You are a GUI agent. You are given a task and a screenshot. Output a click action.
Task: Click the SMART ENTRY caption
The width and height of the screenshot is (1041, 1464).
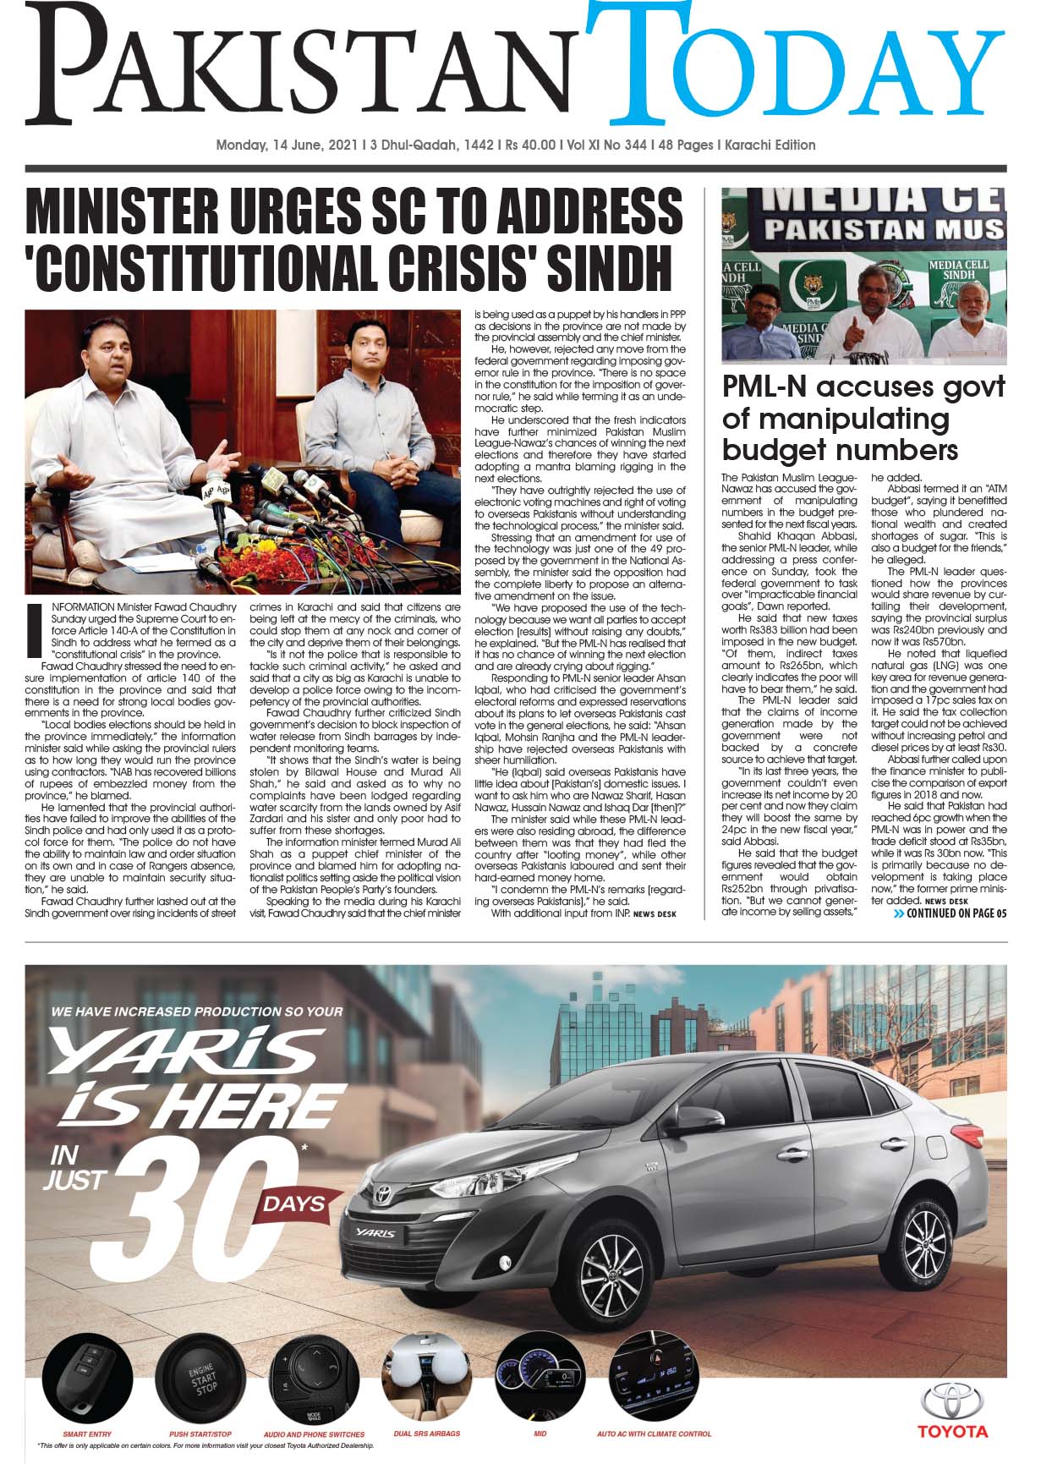tap(87, 1434)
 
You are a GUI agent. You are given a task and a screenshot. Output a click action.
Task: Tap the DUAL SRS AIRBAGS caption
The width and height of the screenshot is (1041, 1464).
tap(426, 1434)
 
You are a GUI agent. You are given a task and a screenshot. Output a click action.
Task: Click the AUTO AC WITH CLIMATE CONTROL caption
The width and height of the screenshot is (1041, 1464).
tap(654, 1434)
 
